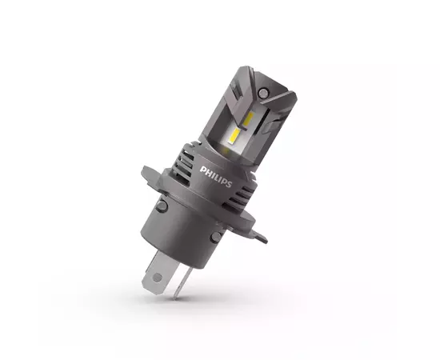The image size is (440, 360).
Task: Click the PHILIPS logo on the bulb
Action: click(x=216, y=176)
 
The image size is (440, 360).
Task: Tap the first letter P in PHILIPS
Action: click(x=202, y=170)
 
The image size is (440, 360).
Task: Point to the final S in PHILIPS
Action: click(x=230, y=183)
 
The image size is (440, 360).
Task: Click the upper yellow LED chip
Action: click(x=249, y=118)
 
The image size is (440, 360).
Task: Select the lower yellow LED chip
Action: click(x=235, y=136)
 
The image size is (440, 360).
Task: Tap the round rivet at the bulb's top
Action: click(x=263, y=93)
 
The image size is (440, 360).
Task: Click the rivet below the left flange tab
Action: click(x=162, y=206)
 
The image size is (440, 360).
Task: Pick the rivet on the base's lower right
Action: click(x=216, y=238)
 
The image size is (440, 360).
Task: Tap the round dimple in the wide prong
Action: click(x=157, y=278)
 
